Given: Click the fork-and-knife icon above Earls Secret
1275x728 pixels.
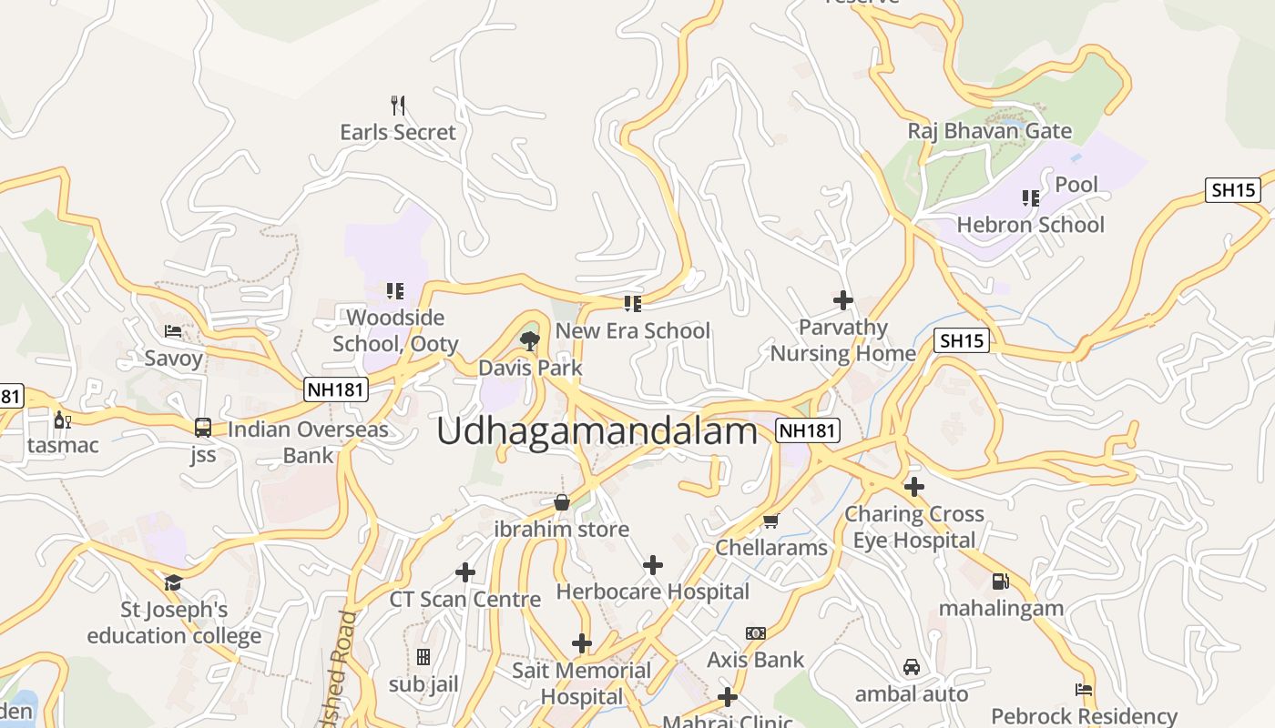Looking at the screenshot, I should (x=397, y=106).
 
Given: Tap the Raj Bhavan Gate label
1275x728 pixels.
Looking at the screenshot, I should (x=989, y=131).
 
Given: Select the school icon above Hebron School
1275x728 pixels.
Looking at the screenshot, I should (x=1030, y=197).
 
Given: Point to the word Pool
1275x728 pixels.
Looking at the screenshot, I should (x=1076, y=185).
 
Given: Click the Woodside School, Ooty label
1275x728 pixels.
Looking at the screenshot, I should (x=395, y=330).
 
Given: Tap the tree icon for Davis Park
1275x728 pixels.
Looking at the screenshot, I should (x=529, y=341).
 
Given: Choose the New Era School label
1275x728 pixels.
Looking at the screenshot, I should (x=632, y=330).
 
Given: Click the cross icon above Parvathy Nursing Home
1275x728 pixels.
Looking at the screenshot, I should (x=843, y=299).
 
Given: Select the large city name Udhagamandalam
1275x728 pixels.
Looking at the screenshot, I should (x=597, y=431).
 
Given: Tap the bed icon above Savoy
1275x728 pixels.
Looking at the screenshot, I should (x=173, y=331).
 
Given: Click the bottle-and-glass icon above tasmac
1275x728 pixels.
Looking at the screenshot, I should (x=62, y=420).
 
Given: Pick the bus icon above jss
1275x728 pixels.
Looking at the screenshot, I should (x=203, y=428).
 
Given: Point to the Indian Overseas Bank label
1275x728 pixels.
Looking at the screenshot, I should (x=308, y=442).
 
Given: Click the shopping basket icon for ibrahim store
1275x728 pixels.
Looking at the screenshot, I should (x=562, y=502).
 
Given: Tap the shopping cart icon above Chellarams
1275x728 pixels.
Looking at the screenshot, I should (x=770, y=521).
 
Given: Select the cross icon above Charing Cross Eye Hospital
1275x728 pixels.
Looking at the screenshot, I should (x=914, y=487).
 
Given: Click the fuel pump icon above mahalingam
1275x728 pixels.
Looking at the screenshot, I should (x=1000, y=581).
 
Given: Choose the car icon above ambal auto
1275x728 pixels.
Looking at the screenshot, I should (x=911, y=668).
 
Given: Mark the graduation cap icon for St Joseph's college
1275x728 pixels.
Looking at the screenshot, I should (x=173, y=582).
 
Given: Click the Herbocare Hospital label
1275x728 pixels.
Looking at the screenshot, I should (x=652, y=591).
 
